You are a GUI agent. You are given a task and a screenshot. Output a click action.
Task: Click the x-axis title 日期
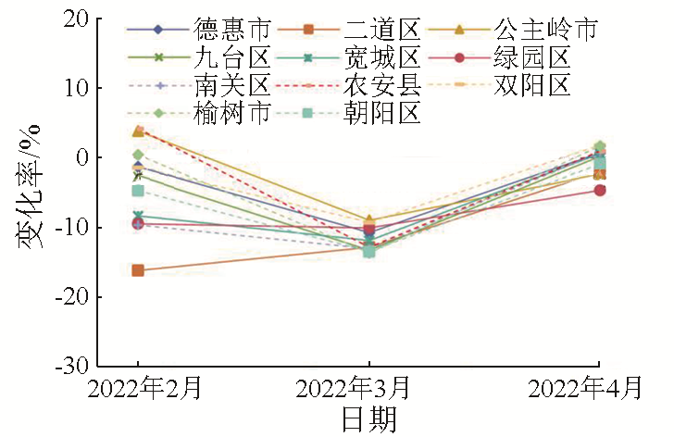click(369, 419)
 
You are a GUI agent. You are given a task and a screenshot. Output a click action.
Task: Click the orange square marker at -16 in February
click(138, 270)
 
